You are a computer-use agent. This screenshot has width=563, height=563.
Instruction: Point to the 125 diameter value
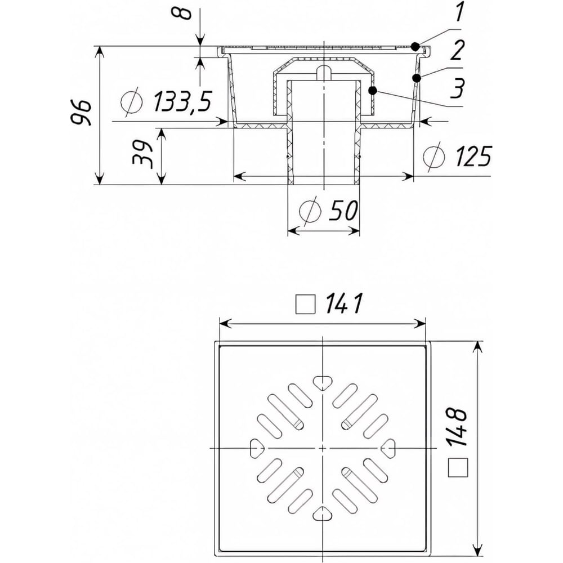473,156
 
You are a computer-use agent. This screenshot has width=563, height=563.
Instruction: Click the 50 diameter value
342,210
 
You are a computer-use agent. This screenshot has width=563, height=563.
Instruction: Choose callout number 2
457,50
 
